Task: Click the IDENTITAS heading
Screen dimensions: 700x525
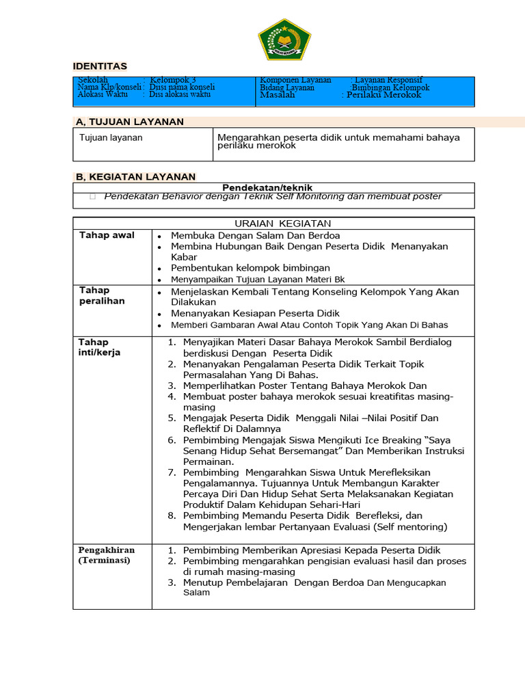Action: [x=100, y=66]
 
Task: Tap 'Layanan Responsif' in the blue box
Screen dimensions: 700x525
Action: [x=388, y=80]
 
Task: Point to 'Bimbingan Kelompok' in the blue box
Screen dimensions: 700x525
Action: [x=390, y=87]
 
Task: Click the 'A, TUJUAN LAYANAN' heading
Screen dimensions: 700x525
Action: [x=130, y=122]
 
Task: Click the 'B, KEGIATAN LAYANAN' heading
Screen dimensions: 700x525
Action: [x=136, y=176]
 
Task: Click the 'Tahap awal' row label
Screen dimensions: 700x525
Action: [x=107, y=235]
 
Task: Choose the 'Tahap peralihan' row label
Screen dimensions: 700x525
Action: [x=102, y=296]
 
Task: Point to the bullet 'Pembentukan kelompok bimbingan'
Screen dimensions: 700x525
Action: [x=250, y=268]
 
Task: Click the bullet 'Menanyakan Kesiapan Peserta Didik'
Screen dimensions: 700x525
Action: [x=255, y=313]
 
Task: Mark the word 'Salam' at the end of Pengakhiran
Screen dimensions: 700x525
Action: [x=196, y=593]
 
